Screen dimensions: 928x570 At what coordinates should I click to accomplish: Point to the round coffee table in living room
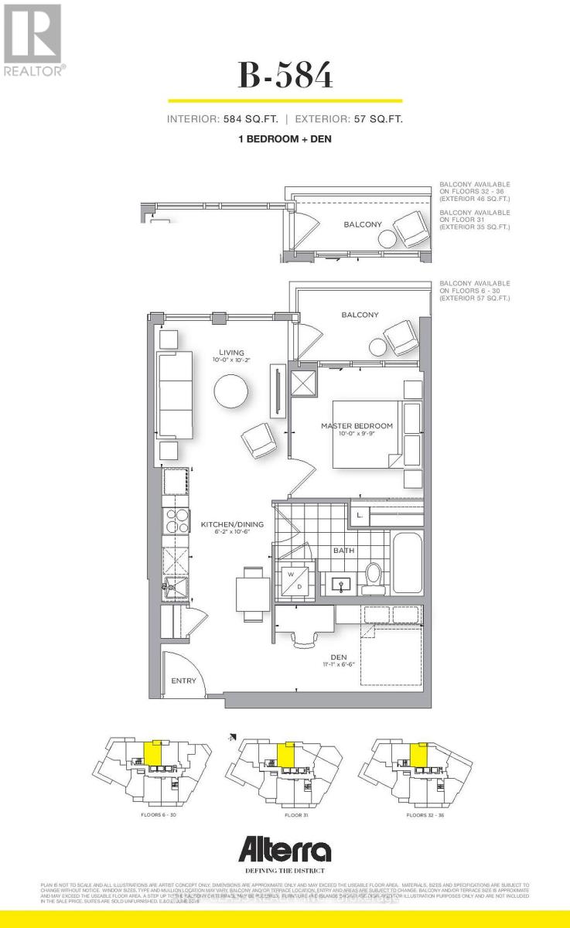pos(232,392)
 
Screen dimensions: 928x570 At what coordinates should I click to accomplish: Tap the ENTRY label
pos(183,681)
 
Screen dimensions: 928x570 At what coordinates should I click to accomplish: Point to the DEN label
pos(339,658)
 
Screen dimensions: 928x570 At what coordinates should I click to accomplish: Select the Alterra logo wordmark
pos(285,852)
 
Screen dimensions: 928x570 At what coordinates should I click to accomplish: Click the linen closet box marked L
pos(360,515)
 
